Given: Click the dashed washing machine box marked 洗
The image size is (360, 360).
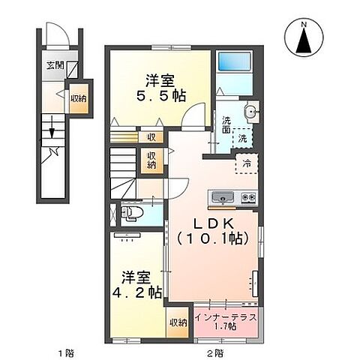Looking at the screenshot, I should point(243,137).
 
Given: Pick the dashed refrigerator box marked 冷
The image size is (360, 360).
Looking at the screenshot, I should point(245,163).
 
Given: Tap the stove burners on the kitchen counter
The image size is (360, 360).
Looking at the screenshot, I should point(249,197).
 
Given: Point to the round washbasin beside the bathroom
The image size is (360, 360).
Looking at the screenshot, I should point(251,115).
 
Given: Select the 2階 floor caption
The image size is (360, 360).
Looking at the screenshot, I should point(214,351).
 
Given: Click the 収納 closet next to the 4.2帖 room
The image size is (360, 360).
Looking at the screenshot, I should point(177,322).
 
